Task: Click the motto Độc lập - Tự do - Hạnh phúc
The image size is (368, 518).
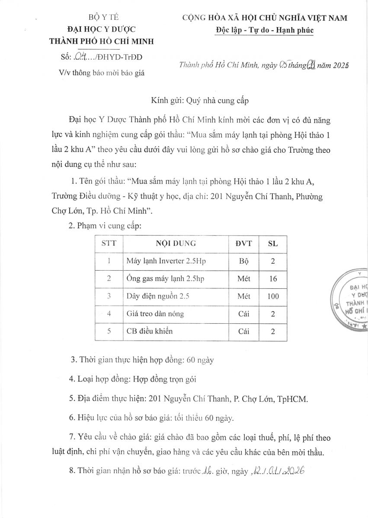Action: pyautogui.click(x=264, y=30)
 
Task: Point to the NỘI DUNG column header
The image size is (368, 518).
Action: pyautogui.click(x=176, y=243)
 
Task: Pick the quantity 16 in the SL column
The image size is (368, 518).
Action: pyautogui.click(x=273, y=279)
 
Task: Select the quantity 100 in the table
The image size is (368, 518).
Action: pyautogui.click(x=273, y=297)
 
